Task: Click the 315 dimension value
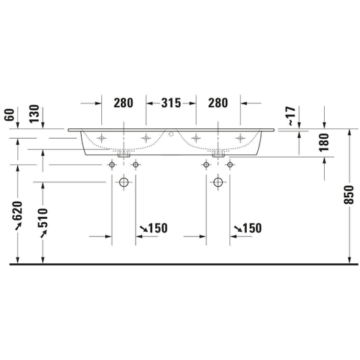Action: point(171,103)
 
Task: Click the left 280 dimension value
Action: point(124,103)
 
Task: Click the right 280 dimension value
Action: point(218,103)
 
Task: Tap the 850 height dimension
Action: point(349,195)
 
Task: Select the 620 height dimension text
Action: point(18,210)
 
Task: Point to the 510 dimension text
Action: point(43,217)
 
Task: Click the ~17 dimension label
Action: point(291,116)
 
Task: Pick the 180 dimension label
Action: point(324,142)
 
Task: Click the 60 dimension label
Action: point(10,115)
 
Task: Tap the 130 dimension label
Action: point(34,114)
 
